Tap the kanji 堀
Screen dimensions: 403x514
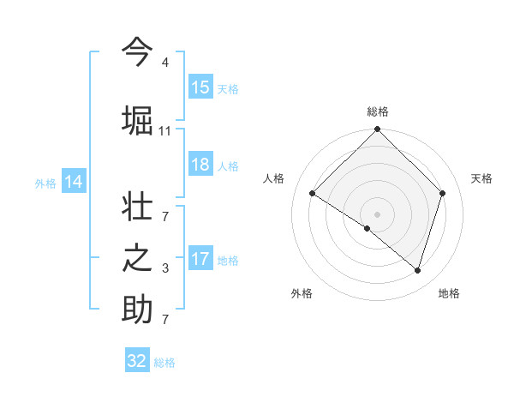[137, 119]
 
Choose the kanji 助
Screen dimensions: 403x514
[137, 310]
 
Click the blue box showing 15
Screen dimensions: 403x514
[200, 87]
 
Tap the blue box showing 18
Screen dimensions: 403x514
[200, 165]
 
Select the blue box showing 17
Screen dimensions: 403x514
[200, 259]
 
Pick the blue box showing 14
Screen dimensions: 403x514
[74, 182]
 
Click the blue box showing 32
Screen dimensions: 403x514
[137, 361]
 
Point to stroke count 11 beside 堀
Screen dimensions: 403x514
[165, 131]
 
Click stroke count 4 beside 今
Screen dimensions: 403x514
[164, 63]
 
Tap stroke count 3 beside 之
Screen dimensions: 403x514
[164, 269]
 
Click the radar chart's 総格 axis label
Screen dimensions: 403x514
[377, 111]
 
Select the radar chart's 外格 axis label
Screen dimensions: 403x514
[302, 293]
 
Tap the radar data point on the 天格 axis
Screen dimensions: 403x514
[443, 193]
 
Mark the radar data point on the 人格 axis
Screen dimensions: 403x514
[313, 193]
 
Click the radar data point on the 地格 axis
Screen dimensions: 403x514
[417, 270]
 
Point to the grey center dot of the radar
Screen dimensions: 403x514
[377, 214]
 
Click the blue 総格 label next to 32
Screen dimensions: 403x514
[164, 363]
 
